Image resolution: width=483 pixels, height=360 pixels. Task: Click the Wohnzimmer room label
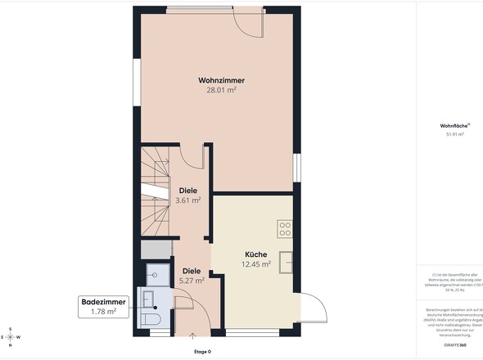pyautogui.click(x=221, y=80)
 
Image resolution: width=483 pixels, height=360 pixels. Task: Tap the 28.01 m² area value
pyautogui.click(x=221, y=91)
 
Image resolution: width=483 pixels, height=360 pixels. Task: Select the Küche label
pyautogui.click(x=255, y=254)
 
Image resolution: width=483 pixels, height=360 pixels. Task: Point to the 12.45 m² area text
pyautogui.click(x=255, y=264)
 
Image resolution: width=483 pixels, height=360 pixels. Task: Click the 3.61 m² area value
pyautogui.click(x=188, y=200)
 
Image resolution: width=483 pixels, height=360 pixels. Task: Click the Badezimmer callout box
pyautogui.click(x=103, y=306)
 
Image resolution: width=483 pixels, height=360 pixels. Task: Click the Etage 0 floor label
pyautogui.click(x=202, y=351)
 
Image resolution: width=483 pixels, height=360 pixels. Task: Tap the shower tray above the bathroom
pyautogui.click(x=156, y=274)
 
